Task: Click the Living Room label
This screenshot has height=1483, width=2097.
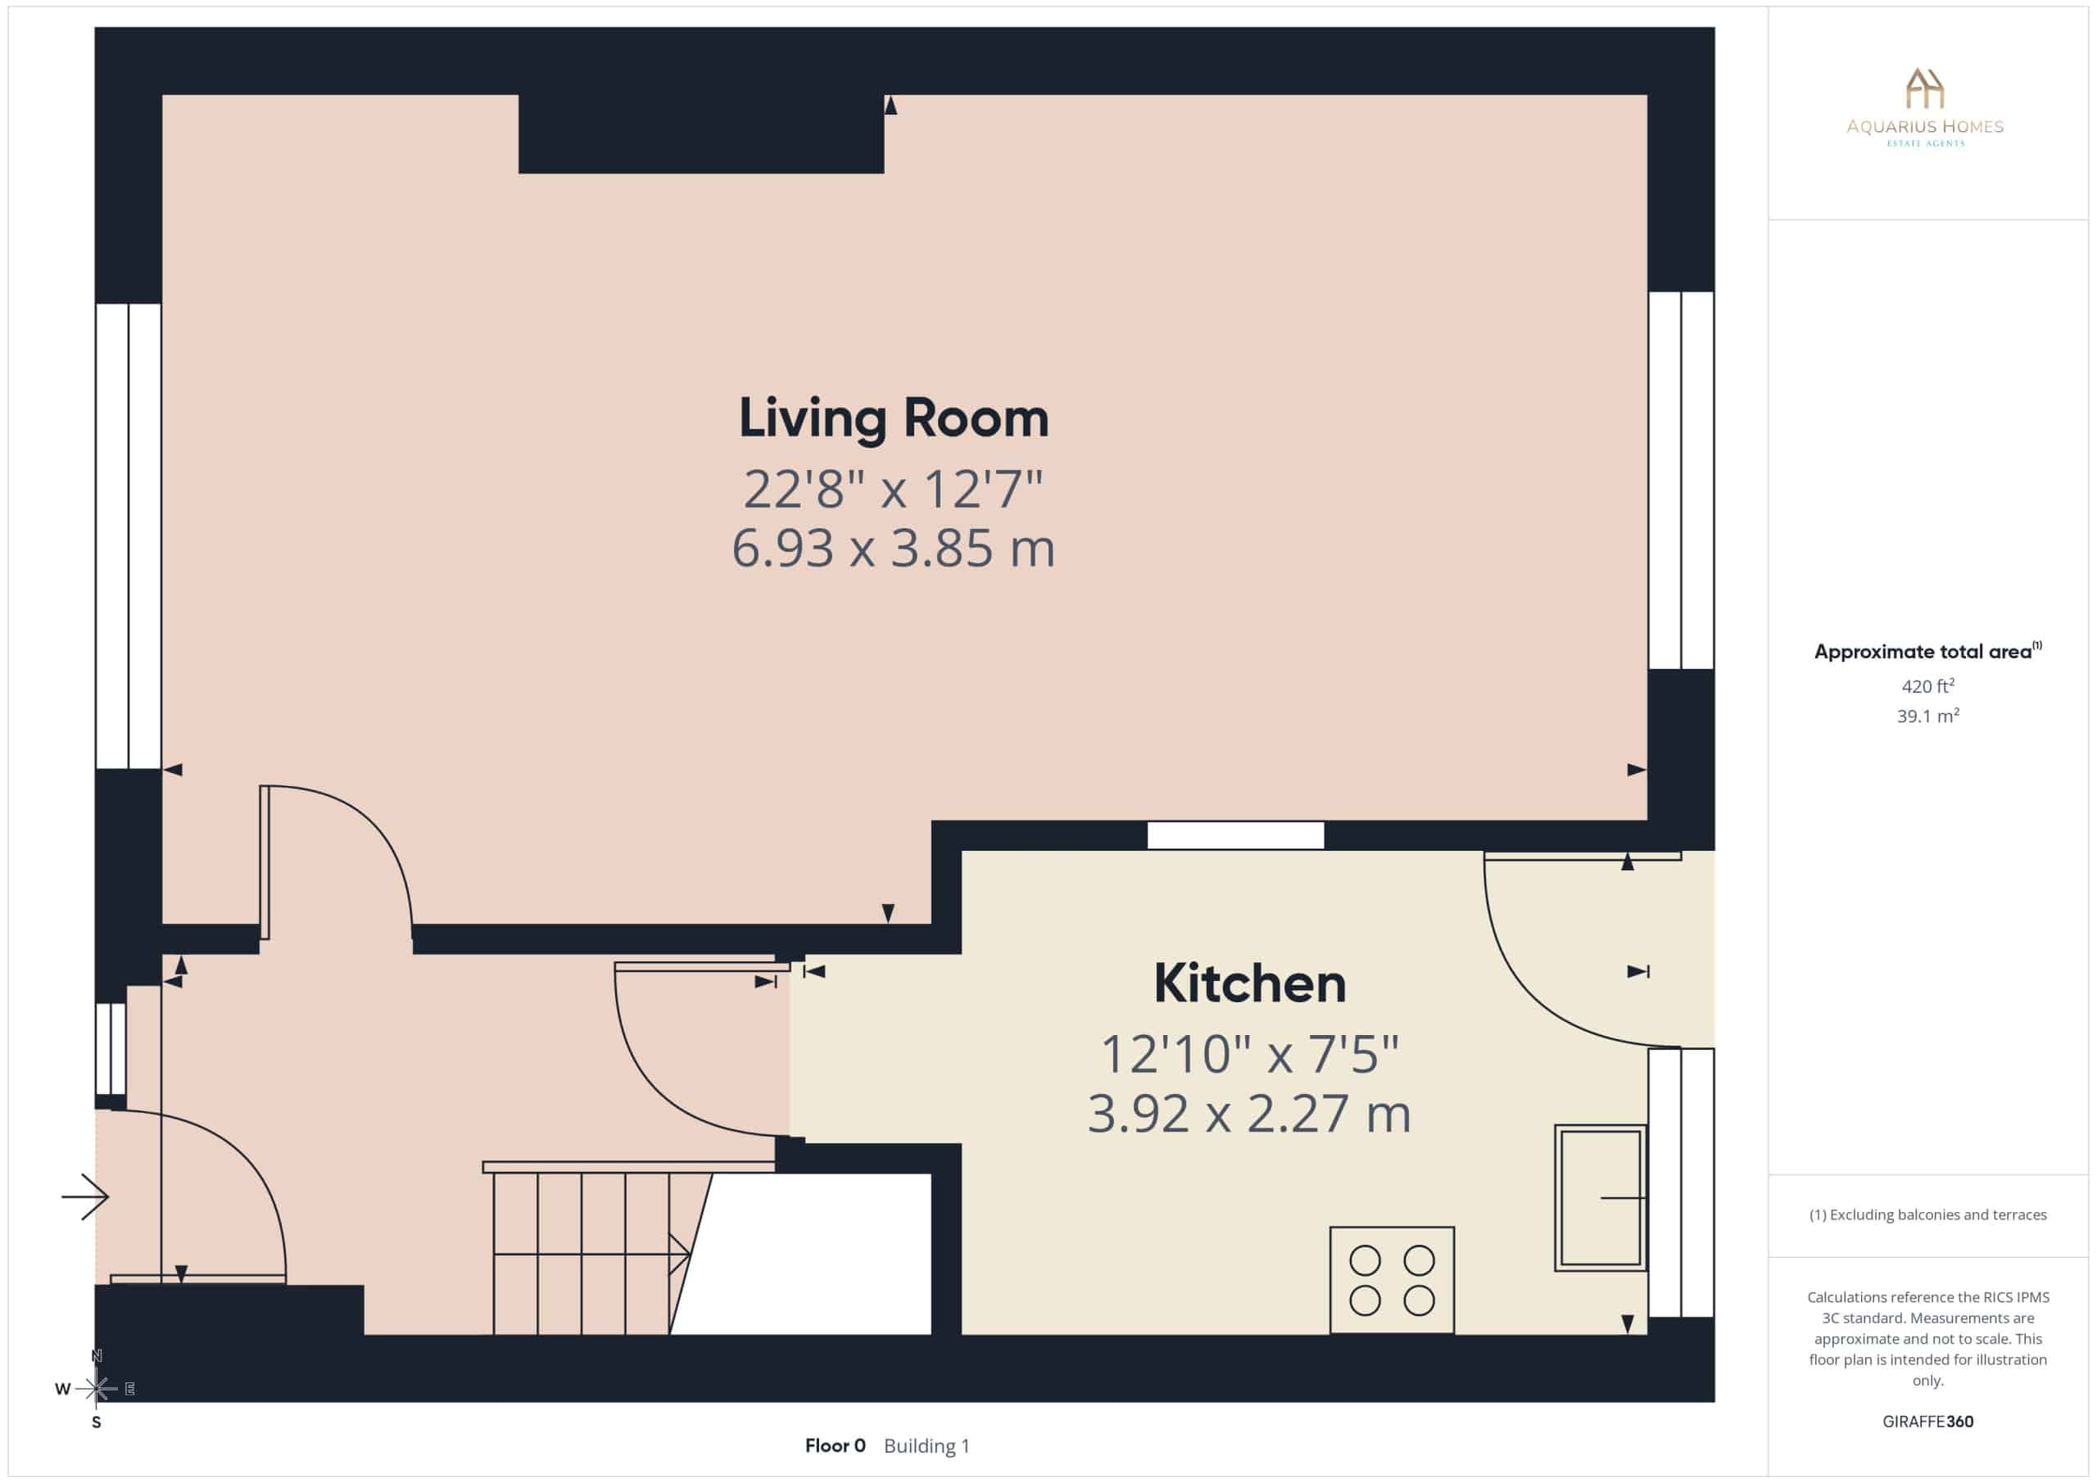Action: click(x=893, y=419)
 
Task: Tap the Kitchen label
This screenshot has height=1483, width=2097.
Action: click(x=1249, y=983)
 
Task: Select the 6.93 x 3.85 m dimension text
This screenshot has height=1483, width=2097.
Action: click(x=893, y=548)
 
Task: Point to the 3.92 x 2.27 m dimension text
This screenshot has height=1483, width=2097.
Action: click(x=1249, y=1113)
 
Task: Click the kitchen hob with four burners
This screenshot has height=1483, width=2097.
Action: click(x=1392, y=1279)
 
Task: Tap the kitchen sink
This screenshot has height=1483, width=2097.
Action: click(x=1600, y=1197)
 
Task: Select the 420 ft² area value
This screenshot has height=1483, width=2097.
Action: click(x=1928, y=685)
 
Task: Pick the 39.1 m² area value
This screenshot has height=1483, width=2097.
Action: click(x=1928, y=716)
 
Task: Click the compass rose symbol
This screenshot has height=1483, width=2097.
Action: click(x=96, y=1389)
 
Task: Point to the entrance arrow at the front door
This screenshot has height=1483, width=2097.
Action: click(x=85, y=1196)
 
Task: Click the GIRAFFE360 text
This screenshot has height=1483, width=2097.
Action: click(x=1928, y=1421)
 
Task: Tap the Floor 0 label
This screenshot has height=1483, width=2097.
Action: click(x=835, y=1445)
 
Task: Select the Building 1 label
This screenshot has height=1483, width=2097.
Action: click(x=926, y=1445)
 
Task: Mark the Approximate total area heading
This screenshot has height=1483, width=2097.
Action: click(x=1928, y=651)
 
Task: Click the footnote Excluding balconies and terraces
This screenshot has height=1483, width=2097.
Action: click(x=1928, y=1214)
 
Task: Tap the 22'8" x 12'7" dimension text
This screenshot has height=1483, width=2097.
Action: click(x=893, y=490)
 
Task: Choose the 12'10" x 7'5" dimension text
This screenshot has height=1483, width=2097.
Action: click(x=1249, y=1055)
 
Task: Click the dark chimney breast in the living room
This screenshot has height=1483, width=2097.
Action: click(x=701, y=133)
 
